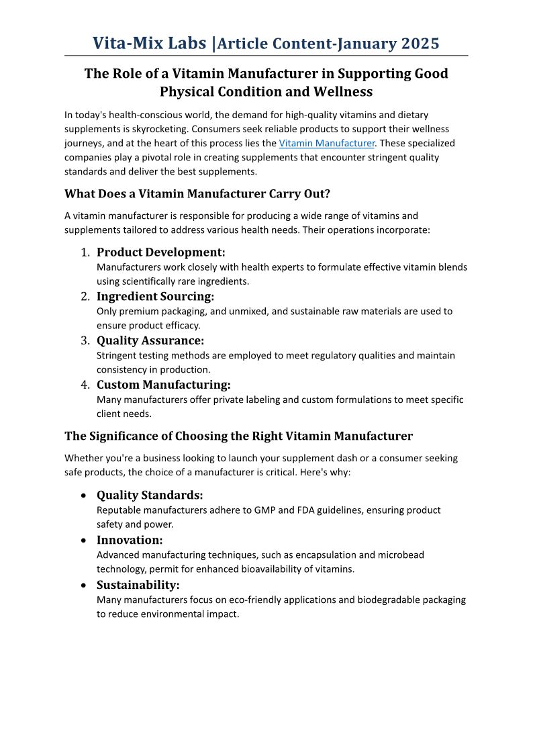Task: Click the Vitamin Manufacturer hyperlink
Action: coord(327,143)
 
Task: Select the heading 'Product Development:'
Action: coord(161,252)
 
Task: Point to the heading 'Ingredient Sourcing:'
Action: coord(155,296)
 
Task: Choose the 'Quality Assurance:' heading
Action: coord(150,340)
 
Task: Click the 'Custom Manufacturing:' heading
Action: coord(164,385)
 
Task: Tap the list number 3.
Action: coord(85,341)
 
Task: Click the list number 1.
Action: coord(85,253)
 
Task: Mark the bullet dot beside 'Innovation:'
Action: coord(83,540)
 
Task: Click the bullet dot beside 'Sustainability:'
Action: coord(83,585)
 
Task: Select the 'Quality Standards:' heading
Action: coord(150,496)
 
